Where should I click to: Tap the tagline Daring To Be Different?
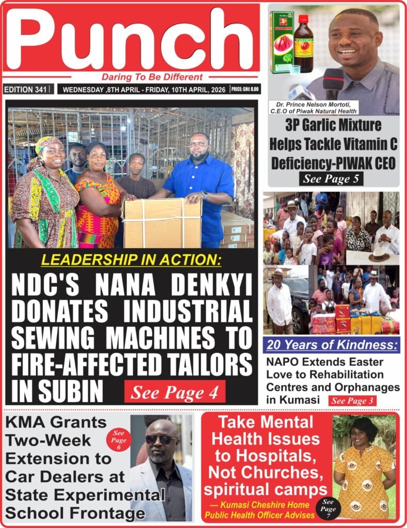tap(152, 77)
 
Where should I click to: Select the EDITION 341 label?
tap(25, 89)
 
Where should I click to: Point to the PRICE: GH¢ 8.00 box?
tap(245, 89)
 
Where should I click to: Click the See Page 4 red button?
tap(174, 392)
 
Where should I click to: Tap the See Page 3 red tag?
tap(352, 400)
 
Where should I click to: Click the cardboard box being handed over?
tap(162, 222)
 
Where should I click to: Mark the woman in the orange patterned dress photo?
tap(364, 467)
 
